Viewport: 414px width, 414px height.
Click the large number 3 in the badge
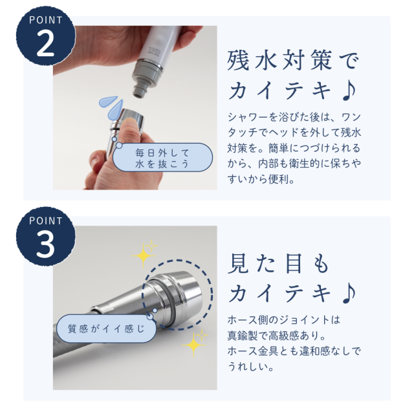pos(45,244)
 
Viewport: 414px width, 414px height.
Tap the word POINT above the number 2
pos(46,20)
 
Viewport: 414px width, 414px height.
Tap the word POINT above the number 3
pos(46,221)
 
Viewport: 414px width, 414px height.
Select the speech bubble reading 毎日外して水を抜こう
pos(162,158)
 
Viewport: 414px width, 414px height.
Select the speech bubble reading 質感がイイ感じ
pos(106,329)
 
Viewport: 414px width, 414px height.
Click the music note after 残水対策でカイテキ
pos(349,91)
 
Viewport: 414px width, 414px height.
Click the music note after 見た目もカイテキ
pos(349,293)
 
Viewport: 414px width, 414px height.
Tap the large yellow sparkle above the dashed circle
pos(144,255)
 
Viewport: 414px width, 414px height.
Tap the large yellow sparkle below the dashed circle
pos(194,344)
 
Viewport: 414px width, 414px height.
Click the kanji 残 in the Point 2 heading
pos(238,60)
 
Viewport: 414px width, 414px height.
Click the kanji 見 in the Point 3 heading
pos(238,263)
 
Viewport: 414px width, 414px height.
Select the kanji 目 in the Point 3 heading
pos(294,263)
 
